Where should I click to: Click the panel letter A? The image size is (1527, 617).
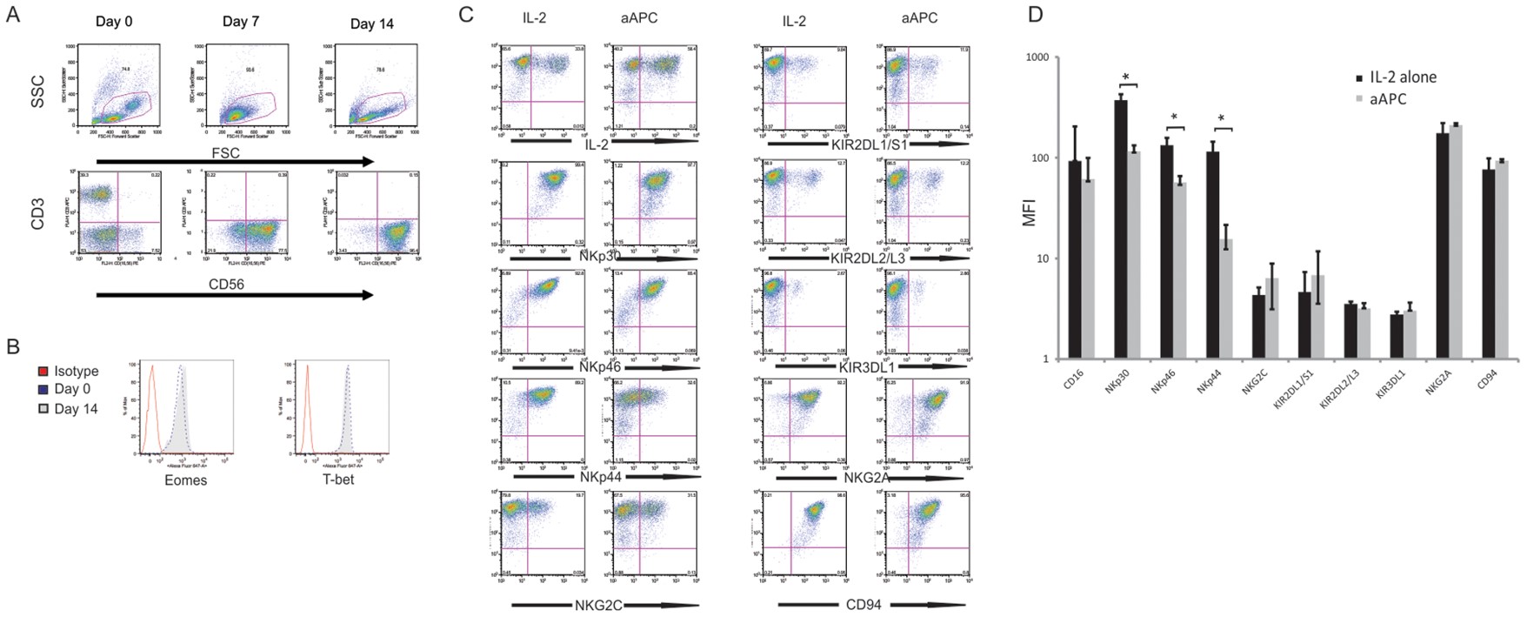13,15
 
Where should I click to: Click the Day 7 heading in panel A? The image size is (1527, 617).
241,21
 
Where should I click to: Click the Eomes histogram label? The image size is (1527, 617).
185,480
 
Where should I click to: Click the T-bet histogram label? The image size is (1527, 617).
337,480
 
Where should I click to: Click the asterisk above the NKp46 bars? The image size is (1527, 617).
1174,117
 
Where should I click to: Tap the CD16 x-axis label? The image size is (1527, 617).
1074,380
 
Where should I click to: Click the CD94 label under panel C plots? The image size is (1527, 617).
864,604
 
